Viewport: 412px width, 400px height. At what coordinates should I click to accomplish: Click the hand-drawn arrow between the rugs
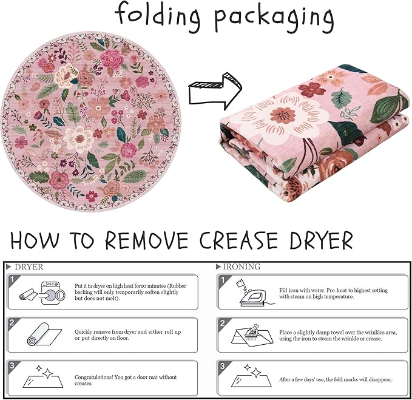pyautogui.click(x=215, y=90)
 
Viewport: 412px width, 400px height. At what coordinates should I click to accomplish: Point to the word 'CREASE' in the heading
pyautogui.click(x=238, y=240)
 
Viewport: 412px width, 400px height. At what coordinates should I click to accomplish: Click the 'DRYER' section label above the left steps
pyautogui.click(x=29, y=267)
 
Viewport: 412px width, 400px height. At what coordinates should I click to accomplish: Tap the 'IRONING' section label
pyautogui.click(x=241, y=266)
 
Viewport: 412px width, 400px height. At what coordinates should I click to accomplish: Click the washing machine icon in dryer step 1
pyautogui.click(x=53, y=293)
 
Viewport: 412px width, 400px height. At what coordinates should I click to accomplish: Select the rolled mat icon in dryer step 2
pyautogui.click(x=44, y=334)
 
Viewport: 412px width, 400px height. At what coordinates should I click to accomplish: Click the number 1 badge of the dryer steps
pyautogui.click(x=12, y=279)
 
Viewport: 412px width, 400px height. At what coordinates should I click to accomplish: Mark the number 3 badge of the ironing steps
pyautogui.click(x=223, y=366)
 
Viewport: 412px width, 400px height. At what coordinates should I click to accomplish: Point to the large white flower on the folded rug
pyautogui.click(x=284, y=115)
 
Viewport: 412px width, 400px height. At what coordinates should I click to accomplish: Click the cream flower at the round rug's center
pyautogui.click(x=79, y=138)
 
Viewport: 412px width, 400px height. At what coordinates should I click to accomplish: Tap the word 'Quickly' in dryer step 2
pyautogui.click(x=83, y=332)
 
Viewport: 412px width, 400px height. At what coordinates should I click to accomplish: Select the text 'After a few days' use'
pyautogui.click(x=302, y=379)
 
